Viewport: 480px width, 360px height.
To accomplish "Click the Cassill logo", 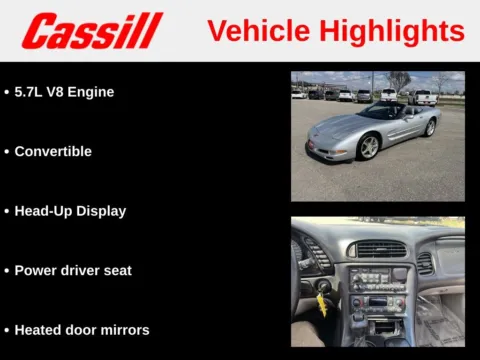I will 92,31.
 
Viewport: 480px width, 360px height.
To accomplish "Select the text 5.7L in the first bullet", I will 32,92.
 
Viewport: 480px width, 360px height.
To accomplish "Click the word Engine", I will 92,92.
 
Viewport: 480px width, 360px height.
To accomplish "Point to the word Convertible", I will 53,152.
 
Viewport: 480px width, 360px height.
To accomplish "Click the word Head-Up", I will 43,211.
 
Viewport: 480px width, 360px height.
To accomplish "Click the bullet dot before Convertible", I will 7,152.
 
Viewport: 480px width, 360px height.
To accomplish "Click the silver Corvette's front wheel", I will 370,147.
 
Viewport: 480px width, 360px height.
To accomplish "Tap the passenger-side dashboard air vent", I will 425,263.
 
